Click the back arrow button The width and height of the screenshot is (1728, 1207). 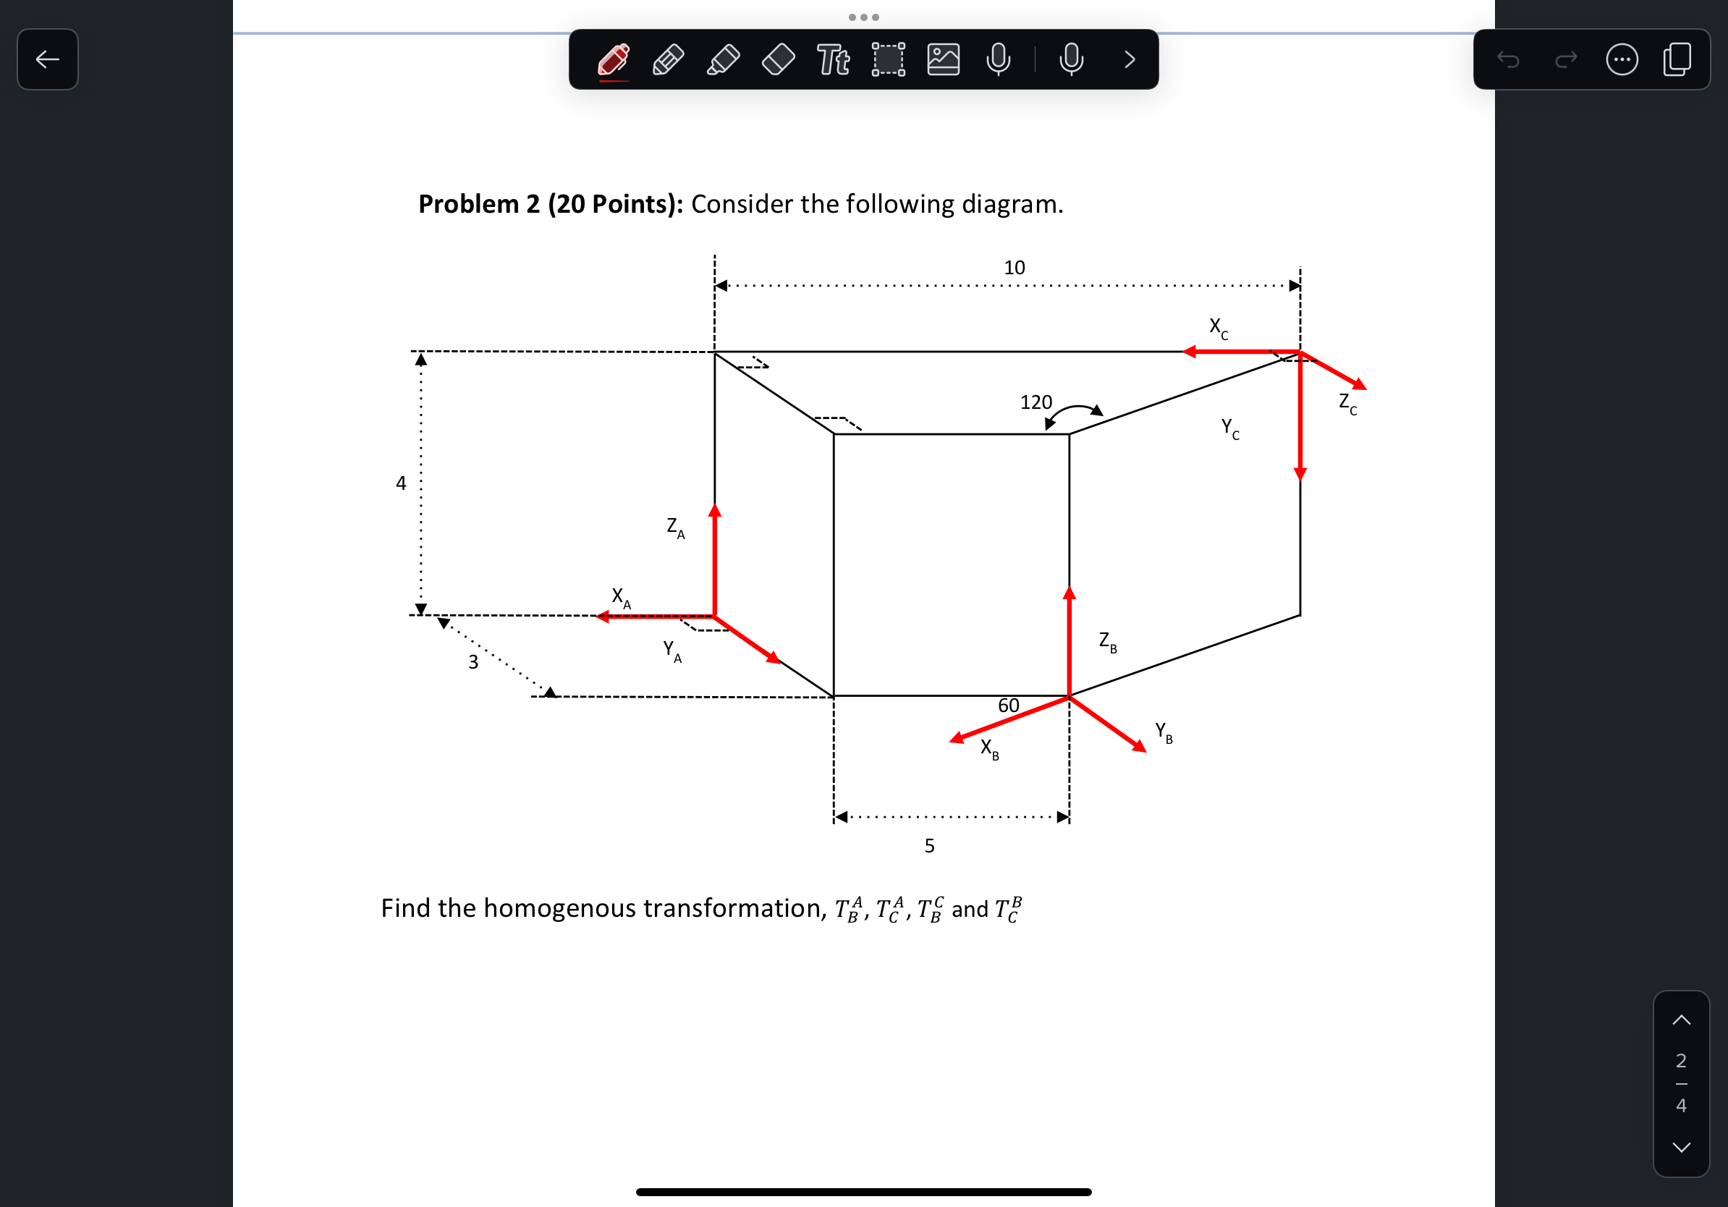(x=48, y=59)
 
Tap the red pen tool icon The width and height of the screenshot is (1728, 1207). (x=614, y=59)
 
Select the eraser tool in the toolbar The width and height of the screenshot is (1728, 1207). (x=778, y=59)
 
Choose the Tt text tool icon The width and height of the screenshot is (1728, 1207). (x=833, y=59)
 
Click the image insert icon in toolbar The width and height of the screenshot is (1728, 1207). (x=943, y=59)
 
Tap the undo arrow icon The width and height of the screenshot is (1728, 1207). (x=1508, y=59)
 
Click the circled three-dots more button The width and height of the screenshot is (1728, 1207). (x=1622, y=59)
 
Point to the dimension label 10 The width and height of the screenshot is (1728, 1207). (x=1014, y=268)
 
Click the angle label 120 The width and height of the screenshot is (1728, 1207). (x=1035, y=402)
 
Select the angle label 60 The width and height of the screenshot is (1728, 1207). (x=1009, y=705)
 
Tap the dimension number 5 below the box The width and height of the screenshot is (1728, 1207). (x=929, y=846)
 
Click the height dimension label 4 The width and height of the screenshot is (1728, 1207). (x=400, y=483)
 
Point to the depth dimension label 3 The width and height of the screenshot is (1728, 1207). (x=473, y=662)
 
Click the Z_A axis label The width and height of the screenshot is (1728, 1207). (x=675, y=528)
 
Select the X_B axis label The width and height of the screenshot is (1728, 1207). (x=989, y=749)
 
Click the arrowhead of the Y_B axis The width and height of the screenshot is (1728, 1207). (x=1140, y=747)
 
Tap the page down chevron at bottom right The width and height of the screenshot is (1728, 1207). (x=1682, y=1147)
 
